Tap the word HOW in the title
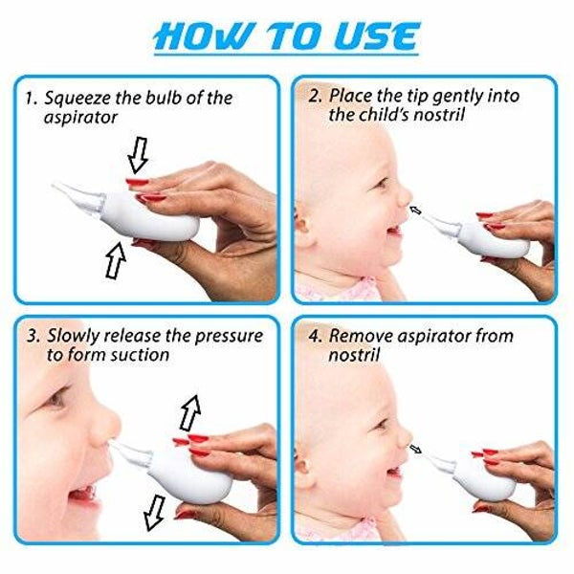(x=204, y=36)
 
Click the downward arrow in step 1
(x=138, y=155)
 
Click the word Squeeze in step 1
(x=77, y=99)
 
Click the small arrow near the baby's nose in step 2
(x=415, y=210)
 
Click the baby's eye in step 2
(x=381, y=184)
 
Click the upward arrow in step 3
(x=190, y=412)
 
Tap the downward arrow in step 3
(x=154, y=513)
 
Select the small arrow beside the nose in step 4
(x=415, y=449)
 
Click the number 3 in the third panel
(x=33, y=337)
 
